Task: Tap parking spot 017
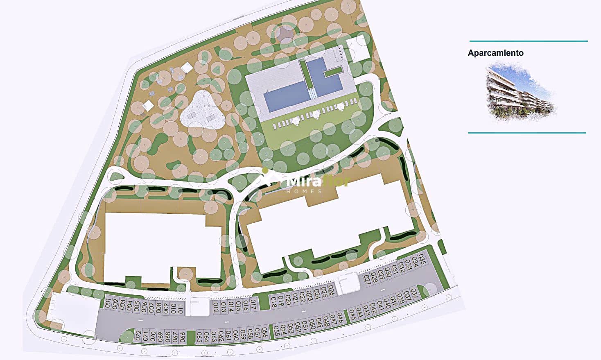[253, 305]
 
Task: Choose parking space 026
[331, 291]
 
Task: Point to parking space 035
[423, 260]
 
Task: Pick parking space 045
[352, 315]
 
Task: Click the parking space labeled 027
[367, 279]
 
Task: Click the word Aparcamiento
[495, 53]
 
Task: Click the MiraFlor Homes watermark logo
[305, 182]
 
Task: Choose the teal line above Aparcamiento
[528, 41]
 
